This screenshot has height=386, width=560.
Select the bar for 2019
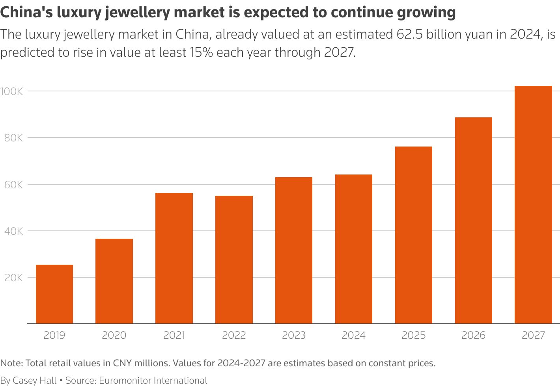pyautogui.click(x=54, y=294)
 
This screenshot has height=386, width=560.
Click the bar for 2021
pyautogui.click(x=174, y=258)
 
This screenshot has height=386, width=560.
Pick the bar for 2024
pyautogui.click(x=354, y=249)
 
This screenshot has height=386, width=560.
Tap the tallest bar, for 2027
pyautogui.click(x=533, y=205)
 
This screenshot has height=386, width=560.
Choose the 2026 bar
pyautogui.click(x=473, y=221)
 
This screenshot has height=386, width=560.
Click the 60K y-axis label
pyautogui.click(x=13, y=184)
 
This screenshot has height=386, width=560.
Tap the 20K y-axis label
pyautogui.click(x=13, y=278)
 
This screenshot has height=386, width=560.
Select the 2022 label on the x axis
pyautogui.click(x=234, y=335)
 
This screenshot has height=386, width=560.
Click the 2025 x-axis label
pyautogui.click(x=414, y=335)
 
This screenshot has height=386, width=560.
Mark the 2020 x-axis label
pyautogui.click(x=114, y=335)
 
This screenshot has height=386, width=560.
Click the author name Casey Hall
pyautogui.click(x=35, y=380)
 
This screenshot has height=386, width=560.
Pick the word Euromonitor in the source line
pyautogui.click(x=125, y=380)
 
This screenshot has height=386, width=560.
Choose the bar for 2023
pyautogui.click(x=294, y=251)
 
